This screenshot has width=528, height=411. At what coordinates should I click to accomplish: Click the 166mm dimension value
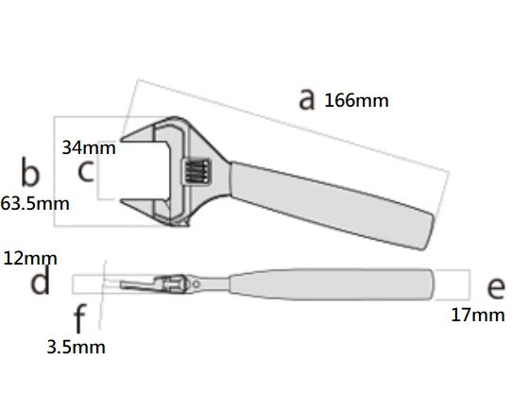tap(356, 101)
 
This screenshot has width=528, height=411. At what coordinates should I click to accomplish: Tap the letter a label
tap(307, 98)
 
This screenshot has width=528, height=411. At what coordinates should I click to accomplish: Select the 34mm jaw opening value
tap(89, 147)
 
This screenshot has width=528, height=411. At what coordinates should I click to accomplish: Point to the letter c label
tap(86, 171)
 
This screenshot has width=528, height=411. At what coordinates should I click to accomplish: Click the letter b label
tap(30, 171)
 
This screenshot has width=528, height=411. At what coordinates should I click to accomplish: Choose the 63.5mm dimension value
tap(35, 204)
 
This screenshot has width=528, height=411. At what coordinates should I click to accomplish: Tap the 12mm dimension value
tap(30, 259)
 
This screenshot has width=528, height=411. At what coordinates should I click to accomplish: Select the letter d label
tap(40, 280)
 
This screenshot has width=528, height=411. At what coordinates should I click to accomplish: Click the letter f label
tap(79, 318)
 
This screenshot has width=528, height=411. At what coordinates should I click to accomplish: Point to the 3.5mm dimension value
tap(76, 347)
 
